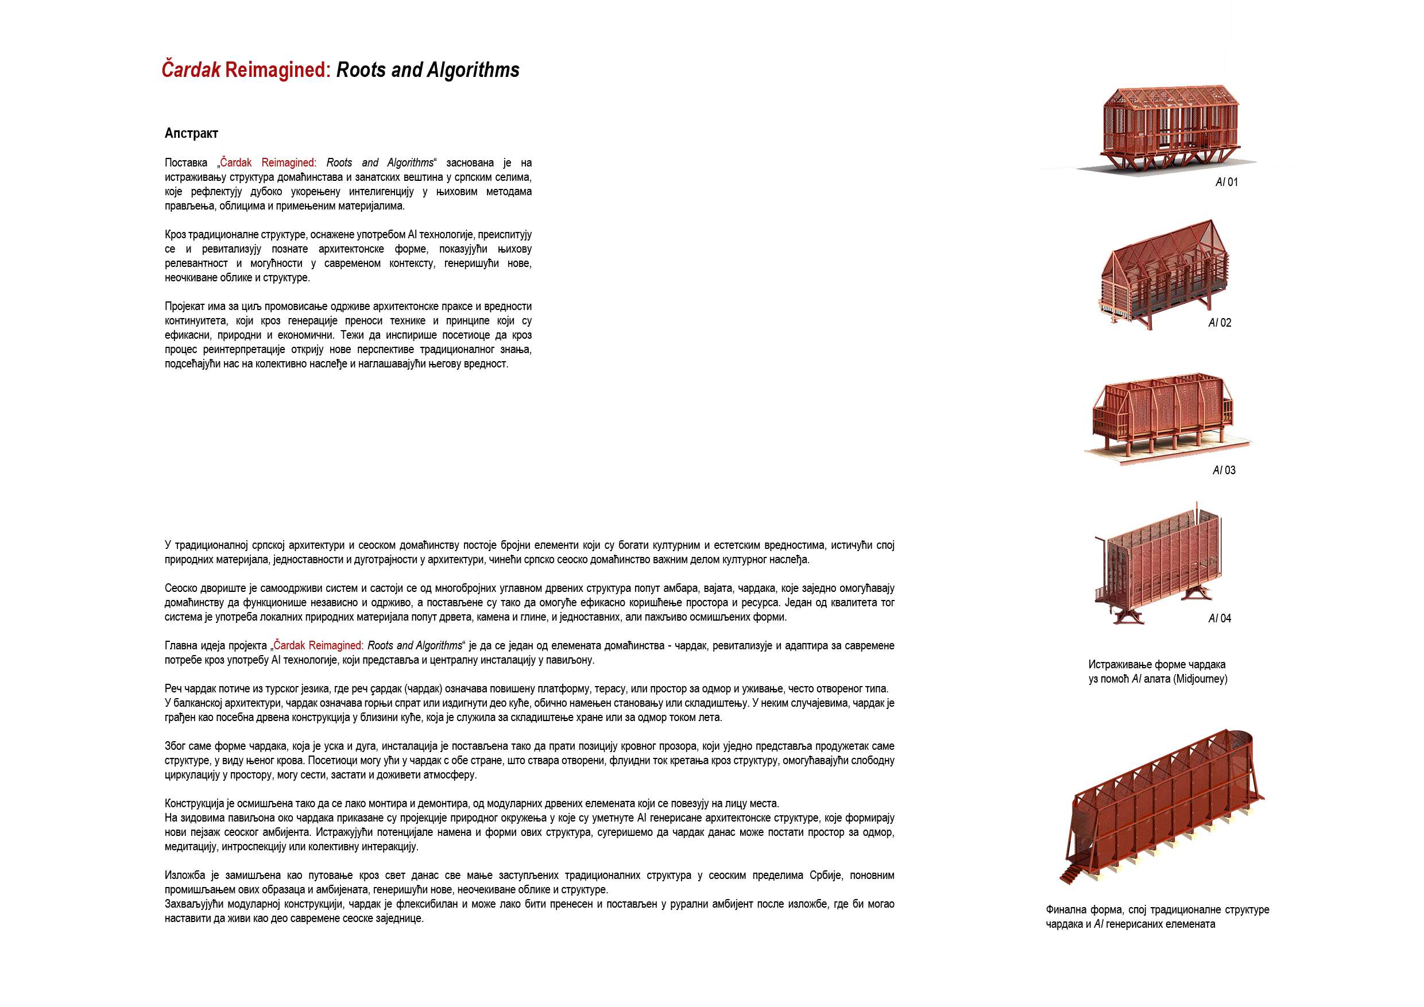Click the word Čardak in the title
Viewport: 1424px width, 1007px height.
(x=191, y=70)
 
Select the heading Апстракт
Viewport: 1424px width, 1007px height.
(x=191, y=133)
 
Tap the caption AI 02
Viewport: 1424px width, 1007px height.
(x=1220, y=323)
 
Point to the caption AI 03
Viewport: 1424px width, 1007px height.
(x=1224, y=471)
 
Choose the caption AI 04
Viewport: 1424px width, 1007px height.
(x=1220, y=618)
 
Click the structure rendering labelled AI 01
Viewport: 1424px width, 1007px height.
(x=1169, y=127)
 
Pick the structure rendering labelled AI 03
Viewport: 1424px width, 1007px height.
(x=1163, y=416)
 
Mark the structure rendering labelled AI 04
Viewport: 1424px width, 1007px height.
(x=1156, y=564)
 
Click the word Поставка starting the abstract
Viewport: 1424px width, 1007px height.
(x=186, y=163)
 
